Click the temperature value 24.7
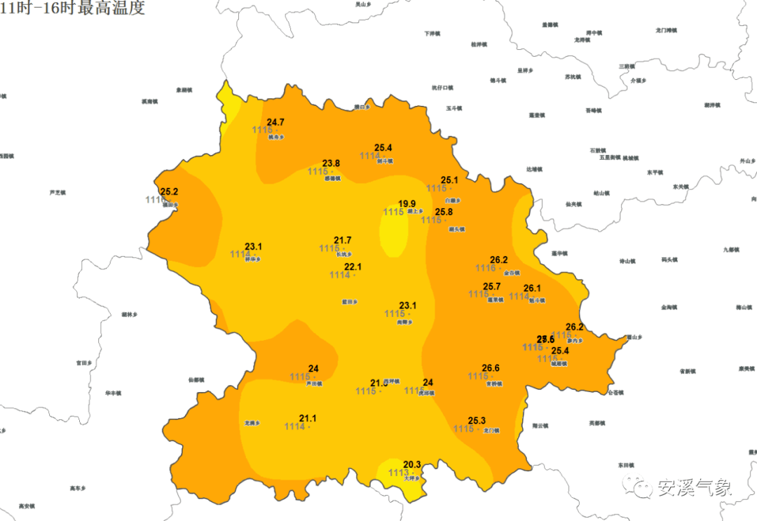point(275,123)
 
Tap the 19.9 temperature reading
point(407,204)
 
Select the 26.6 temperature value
point(491,368)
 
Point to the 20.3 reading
point(412,465)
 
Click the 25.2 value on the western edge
point(169,191)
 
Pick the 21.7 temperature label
point(343,241)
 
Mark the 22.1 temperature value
point(353,267)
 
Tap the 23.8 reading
point(331,163)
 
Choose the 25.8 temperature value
point(444,212)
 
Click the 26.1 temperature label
point(532,288)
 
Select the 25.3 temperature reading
point(477,421)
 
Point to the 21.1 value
point(308,419)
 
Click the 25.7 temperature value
point(492,287)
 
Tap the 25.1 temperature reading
point(449,180)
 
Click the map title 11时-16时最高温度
point(72,9)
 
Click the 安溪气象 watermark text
point(694,487)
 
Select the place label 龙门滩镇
point(666,30)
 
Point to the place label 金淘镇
point(669,307)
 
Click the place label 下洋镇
point(432,33)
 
